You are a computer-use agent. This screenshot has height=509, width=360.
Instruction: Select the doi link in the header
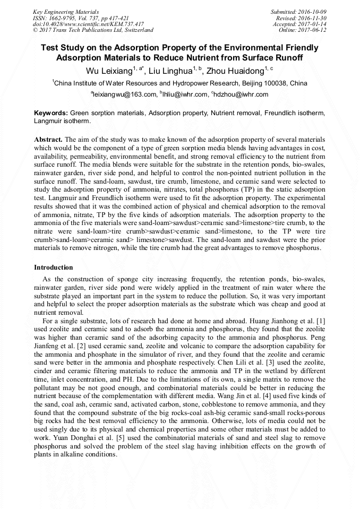88,24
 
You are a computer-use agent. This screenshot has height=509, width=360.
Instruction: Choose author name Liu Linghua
170,71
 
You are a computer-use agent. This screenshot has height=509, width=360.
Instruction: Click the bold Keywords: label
51,114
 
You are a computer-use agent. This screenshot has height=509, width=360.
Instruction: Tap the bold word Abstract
49,139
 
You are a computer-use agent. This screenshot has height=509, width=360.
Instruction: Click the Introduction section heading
54,267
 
